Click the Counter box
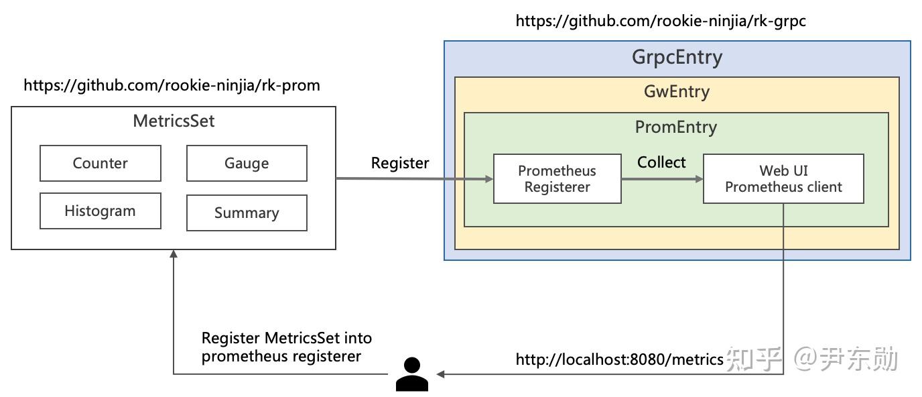pyautogui.click(x=100, y=164)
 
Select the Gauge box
pyautogui.click(x=247, y=164)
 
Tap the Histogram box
pyautogui.click(x=100, y=211)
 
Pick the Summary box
pyautogui.click(x=247, y=213)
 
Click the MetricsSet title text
pyautogui.click(x=174, y=121)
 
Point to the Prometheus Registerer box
pyautogui.click(x=557, y=179)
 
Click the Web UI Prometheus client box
pyautogui.click(x=783, y=179)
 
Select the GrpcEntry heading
pyautogui.click(x=677, y=57)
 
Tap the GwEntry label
pyautogui.click(x=677, y=91)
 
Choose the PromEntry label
pyautogui.click(x=675, y=127)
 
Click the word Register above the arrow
pyautogui.click(x=400, y=163)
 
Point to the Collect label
pyautogui.click(x=661, y=162)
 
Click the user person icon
pyautogui.click(x=411, y=374)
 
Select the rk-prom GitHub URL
pyautogui.click(x=172, y=85)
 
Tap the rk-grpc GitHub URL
pyautogui.click(x=660, y=21)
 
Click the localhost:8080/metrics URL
pyautogui.click(x=619, y=359)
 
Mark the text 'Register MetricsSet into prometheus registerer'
pyautogui.click(x=286, y=347)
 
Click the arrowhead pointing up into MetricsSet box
pyautogui.click(x=174, y=254)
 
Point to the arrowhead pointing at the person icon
pyautogui.click(x=440, y=374)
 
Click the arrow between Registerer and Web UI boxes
pyautogui.click(x=661, y=179)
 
